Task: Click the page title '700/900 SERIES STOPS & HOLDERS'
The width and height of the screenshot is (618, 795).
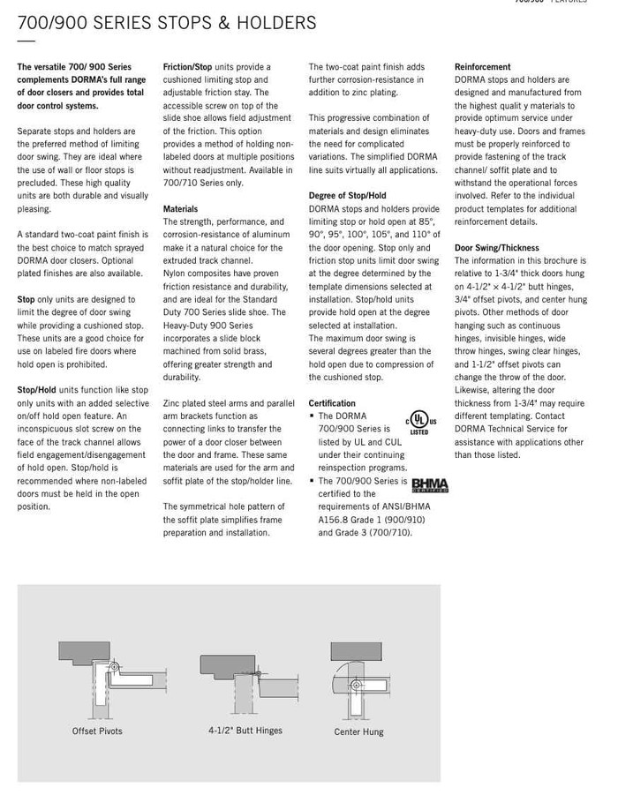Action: pyautogui.click(x=167, y=24)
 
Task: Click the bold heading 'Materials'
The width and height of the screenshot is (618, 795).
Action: pyautogui.click(x=180, y=209)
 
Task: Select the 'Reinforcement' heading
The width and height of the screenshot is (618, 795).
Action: pyautogui.click(x=482, y=67)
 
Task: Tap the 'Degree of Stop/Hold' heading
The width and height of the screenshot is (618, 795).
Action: pyautogui.click(x=347, y=196)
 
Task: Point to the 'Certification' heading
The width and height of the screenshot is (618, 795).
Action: pyautogui.click(x=332, y=403)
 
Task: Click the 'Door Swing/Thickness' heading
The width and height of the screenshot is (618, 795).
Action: pyautogui.click(x=496, y=248)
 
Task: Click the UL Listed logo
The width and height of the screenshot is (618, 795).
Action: pyautogui.click(x=419, y=422)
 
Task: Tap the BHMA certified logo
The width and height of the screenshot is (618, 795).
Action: pyautogui.click(x=430, y=485)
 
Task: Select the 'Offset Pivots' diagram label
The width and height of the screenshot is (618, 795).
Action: pyautogui.click(x=97, y=731)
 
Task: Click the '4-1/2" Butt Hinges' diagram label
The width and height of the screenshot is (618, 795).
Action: pyautogui.click(x=245, y=731)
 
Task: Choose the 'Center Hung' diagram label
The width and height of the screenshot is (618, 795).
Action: pyautogui.click(x=358, y=732)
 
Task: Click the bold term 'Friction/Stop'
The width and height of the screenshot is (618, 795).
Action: pyautogui.click(x=187, y=67)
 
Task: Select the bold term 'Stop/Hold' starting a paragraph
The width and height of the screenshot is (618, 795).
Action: pyautogui.click(x=36, y=390)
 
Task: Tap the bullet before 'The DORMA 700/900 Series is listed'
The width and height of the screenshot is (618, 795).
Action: pyautogui.click(x=312, y=416)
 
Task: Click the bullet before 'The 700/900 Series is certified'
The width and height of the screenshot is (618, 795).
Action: pyautogui.click(x=312, y=481)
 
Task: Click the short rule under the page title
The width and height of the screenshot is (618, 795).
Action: pyautogui.click(x=26, y=41)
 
